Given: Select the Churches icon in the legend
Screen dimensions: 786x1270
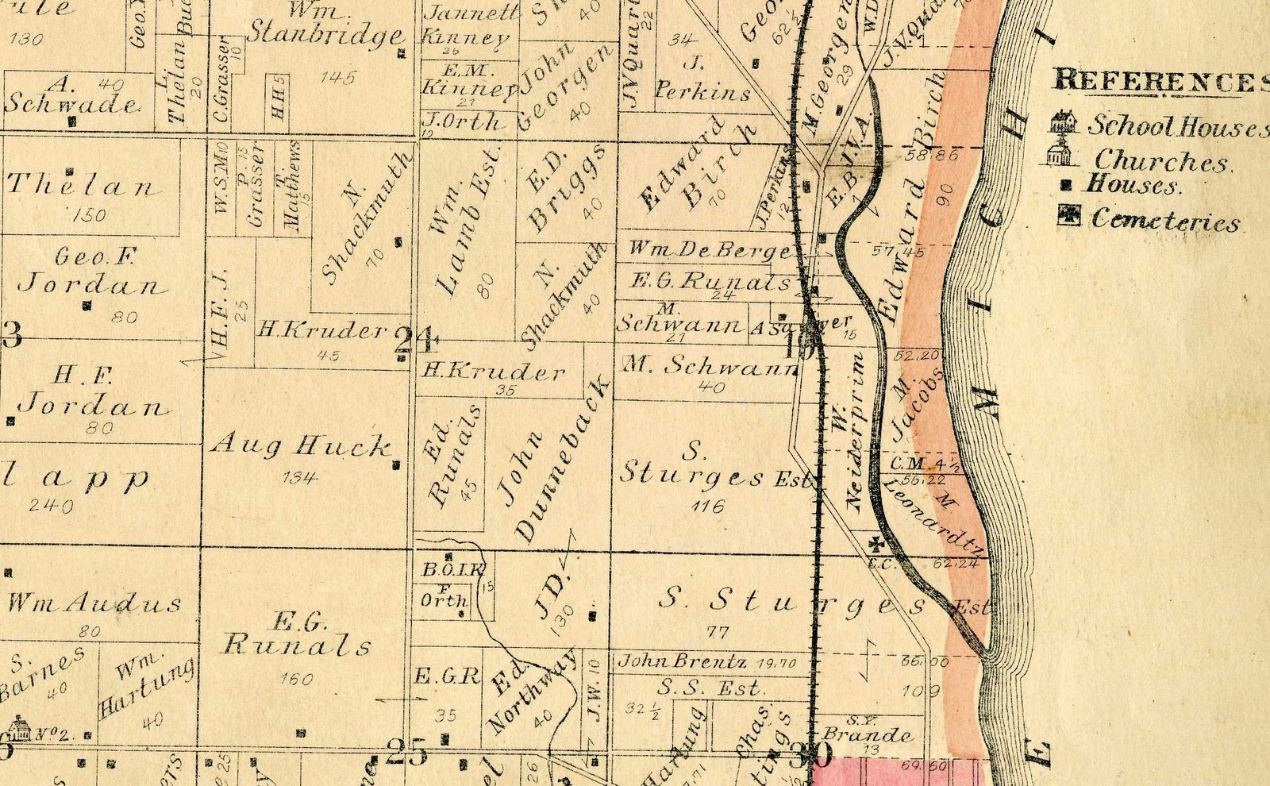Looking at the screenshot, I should coord(1057,155).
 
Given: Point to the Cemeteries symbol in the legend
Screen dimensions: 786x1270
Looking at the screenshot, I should coord(1068,216).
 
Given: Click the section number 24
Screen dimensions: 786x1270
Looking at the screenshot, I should coord(415,341).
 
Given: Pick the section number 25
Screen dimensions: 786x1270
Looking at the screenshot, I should coord(406,751).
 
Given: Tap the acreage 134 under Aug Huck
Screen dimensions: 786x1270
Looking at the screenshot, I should coord(299,477).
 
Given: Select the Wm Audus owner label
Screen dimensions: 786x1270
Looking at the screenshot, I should coord(94,603).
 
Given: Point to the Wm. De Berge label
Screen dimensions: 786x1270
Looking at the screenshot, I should coord(710,250).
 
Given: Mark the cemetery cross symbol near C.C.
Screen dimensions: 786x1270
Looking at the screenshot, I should coord(876,544).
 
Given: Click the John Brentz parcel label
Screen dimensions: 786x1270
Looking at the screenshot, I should coord(683,661).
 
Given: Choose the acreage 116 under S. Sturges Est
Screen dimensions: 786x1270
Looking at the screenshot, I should coord(707,506).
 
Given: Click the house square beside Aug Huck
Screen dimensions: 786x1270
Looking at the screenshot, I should coord(396,466).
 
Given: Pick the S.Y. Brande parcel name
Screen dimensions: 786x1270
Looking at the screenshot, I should coord(866,734).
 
